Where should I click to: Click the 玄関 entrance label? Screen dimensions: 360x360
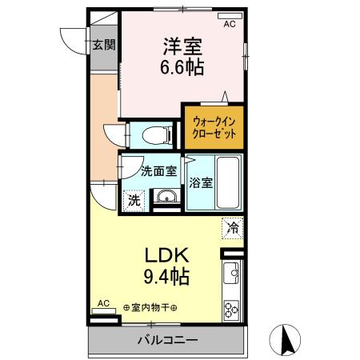pos(102,45)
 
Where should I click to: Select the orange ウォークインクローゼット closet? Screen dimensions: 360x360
pos(214,127)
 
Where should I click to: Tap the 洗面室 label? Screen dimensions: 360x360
pos(158,170)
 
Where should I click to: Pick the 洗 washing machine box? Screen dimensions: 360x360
pos(132,198)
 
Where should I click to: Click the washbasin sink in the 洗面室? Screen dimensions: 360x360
pos(166,198)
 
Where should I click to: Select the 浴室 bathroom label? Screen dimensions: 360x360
pos(202,182)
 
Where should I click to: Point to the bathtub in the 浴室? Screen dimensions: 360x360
pos(230,182)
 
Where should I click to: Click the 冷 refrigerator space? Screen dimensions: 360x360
pos(232,228)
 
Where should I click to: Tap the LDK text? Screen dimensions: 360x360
pos(166,258)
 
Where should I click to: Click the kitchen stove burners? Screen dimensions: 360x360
pos(232,309)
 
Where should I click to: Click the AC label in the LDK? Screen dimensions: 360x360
pos(102,303)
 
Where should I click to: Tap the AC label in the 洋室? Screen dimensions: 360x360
pos(229,25)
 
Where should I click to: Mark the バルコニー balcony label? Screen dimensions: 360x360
pos(166,340)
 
